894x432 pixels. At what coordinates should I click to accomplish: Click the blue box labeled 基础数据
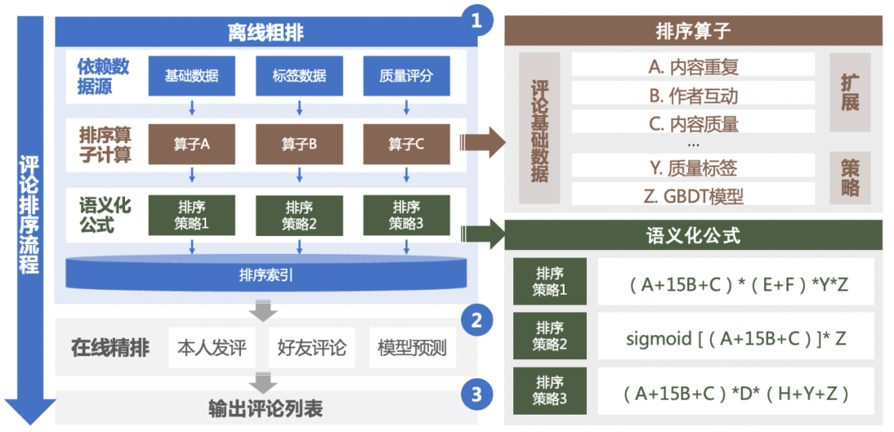(x=191, y=76)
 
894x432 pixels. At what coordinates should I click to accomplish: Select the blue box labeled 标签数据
(x=299, y=76)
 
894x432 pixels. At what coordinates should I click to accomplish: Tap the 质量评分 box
(x=406, y=76)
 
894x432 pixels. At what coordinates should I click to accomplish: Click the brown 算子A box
(x=191, y=144)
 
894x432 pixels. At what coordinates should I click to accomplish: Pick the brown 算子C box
(x=406, y=144)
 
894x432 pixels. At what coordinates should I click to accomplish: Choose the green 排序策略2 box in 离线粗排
(x=299, y=215)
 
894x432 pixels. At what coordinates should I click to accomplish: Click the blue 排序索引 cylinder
(x=266, y=273)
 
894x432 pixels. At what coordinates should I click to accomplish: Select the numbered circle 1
(x=476, y=20)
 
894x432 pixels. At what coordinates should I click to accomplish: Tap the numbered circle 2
(x=476, y=320)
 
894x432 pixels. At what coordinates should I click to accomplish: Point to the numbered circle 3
(x=476, y=394)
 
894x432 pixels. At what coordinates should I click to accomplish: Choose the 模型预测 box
(x=411, y=348)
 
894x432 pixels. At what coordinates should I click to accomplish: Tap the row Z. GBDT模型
(x=693, y=195)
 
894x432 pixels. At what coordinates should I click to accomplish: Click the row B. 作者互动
(x=693, y=96)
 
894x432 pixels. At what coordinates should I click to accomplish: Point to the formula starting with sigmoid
(x=736, y=337)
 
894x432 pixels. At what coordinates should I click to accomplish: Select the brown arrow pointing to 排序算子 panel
(x=482, y=142)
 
